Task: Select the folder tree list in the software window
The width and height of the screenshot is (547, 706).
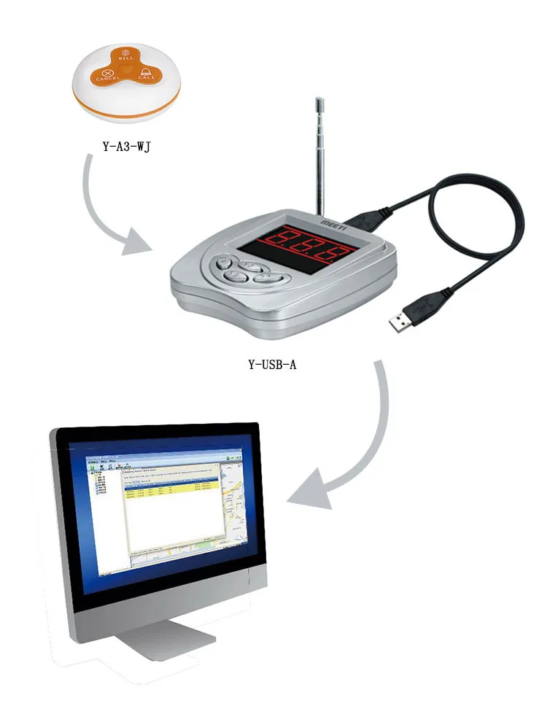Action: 100,485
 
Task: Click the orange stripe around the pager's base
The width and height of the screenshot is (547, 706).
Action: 128,111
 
